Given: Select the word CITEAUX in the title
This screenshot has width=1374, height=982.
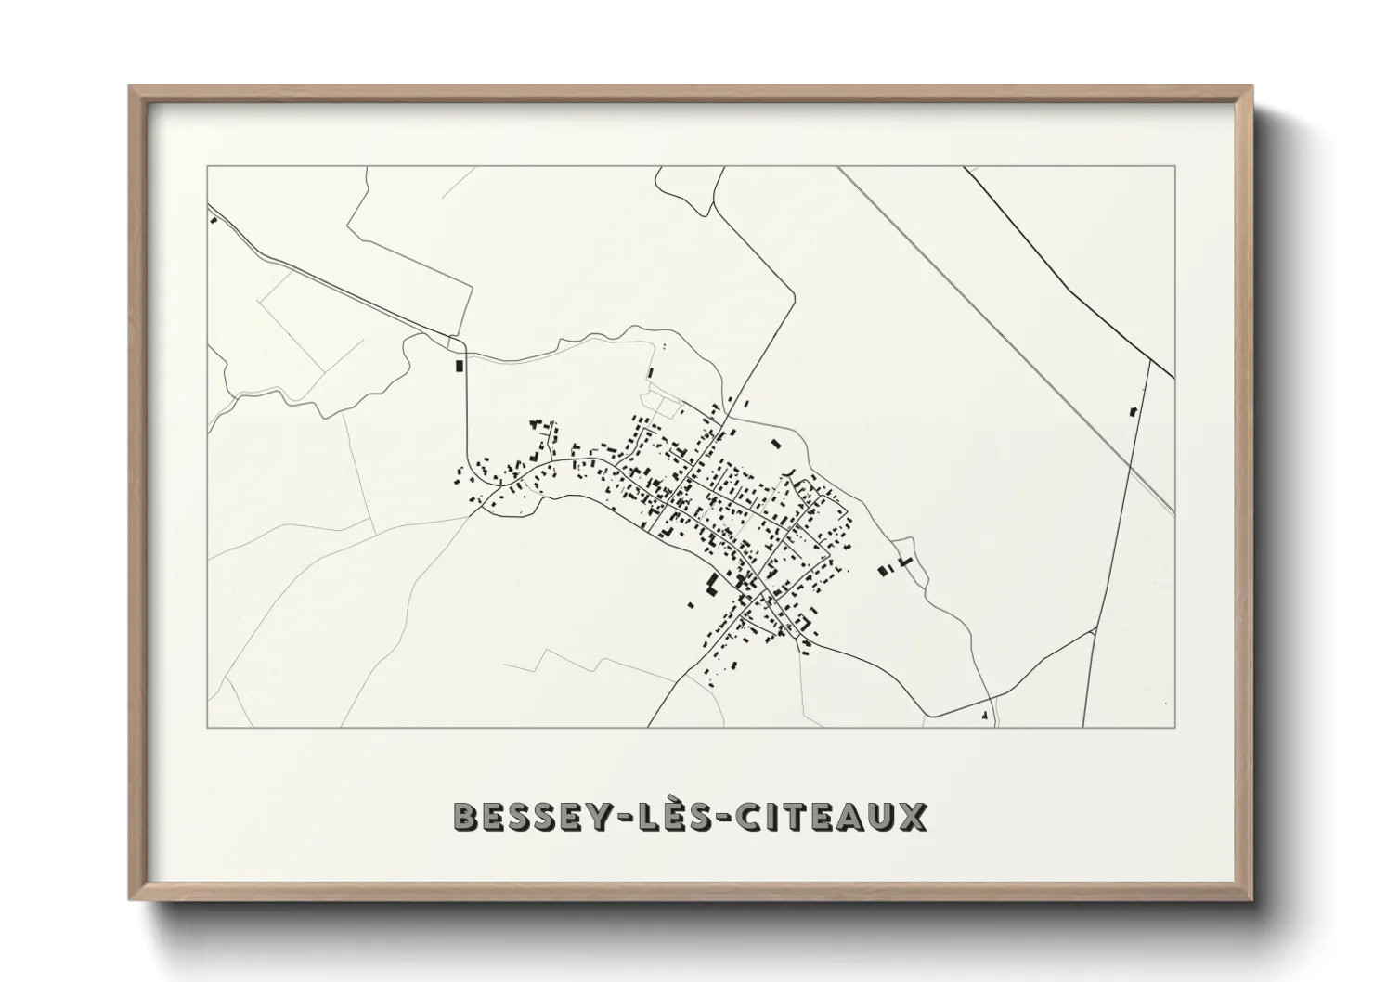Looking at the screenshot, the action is [x=832, y=817].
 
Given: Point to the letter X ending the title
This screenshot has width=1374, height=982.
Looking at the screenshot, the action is [x=913, y=817].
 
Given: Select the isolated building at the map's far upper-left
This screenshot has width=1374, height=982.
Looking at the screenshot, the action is [x=214, y=221].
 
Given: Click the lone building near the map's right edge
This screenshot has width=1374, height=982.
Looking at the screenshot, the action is [x=1133, y=410].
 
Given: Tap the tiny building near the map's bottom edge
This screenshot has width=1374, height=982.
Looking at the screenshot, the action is [x=983, y=715].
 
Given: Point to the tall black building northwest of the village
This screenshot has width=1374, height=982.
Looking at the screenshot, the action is [x=458, y=365].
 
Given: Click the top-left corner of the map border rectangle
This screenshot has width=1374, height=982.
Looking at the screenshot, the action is [x=207, y=166].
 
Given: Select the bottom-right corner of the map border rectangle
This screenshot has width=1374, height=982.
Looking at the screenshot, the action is [x=1175, y=728].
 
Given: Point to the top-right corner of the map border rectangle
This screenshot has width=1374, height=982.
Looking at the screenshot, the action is [x=1175, y=166].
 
